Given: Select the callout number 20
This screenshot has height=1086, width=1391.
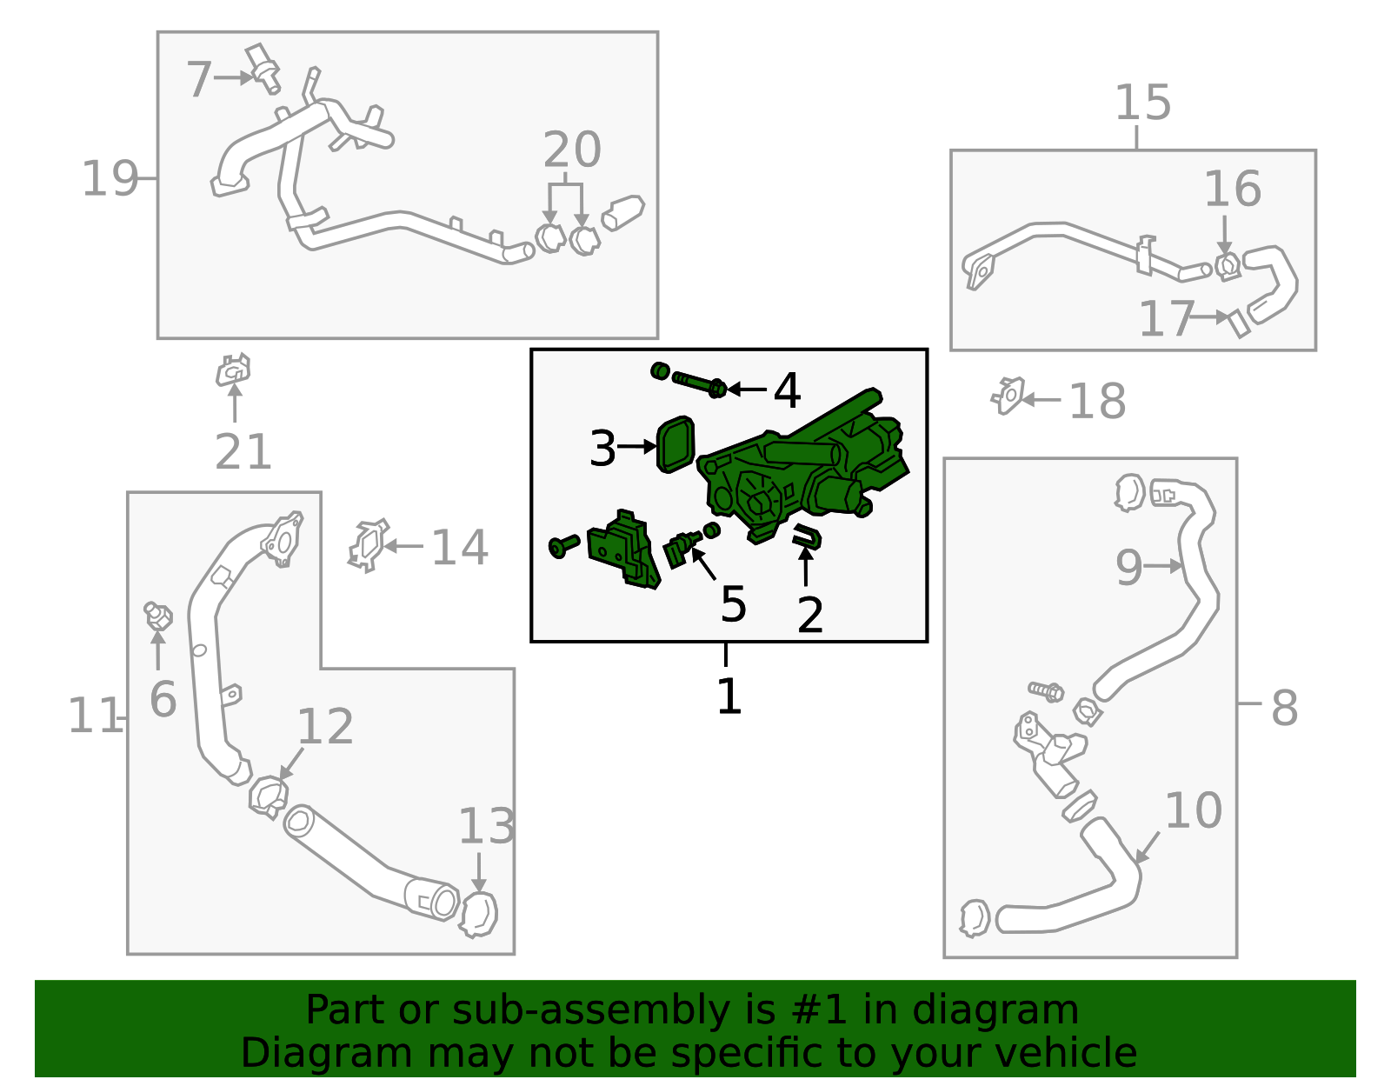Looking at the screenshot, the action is point(572,150).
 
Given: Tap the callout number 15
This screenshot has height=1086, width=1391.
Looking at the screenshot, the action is point(1142,103).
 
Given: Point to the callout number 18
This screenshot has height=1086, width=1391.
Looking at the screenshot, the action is point(1097,401).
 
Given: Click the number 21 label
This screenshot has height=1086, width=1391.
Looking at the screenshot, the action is point(243,452).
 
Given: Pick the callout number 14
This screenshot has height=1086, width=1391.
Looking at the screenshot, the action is point(460,548).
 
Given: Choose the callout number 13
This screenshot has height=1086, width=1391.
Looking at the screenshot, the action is point(487,826).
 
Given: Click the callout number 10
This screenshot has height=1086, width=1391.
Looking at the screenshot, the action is point(1193,811).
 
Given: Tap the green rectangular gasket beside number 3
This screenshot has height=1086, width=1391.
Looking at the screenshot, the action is point(676,444).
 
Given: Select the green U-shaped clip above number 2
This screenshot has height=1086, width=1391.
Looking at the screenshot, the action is point(807,536).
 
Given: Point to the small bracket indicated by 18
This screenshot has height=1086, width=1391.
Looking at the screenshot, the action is point(1008,396).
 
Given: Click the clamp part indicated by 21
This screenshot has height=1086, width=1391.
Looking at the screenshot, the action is point(233,370).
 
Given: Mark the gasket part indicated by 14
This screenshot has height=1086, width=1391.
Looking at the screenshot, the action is point(369,545).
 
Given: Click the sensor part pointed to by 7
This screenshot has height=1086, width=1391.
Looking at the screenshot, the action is point(263,68).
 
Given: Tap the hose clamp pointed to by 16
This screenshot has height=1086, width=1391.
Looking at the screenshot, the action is point(1228,266).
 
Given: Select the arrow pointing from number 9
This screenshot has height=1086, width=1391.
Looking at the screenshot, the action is point(1163,566).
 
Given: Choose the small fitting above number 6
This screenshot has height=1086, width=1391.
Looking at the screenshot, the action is point(158,616).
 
